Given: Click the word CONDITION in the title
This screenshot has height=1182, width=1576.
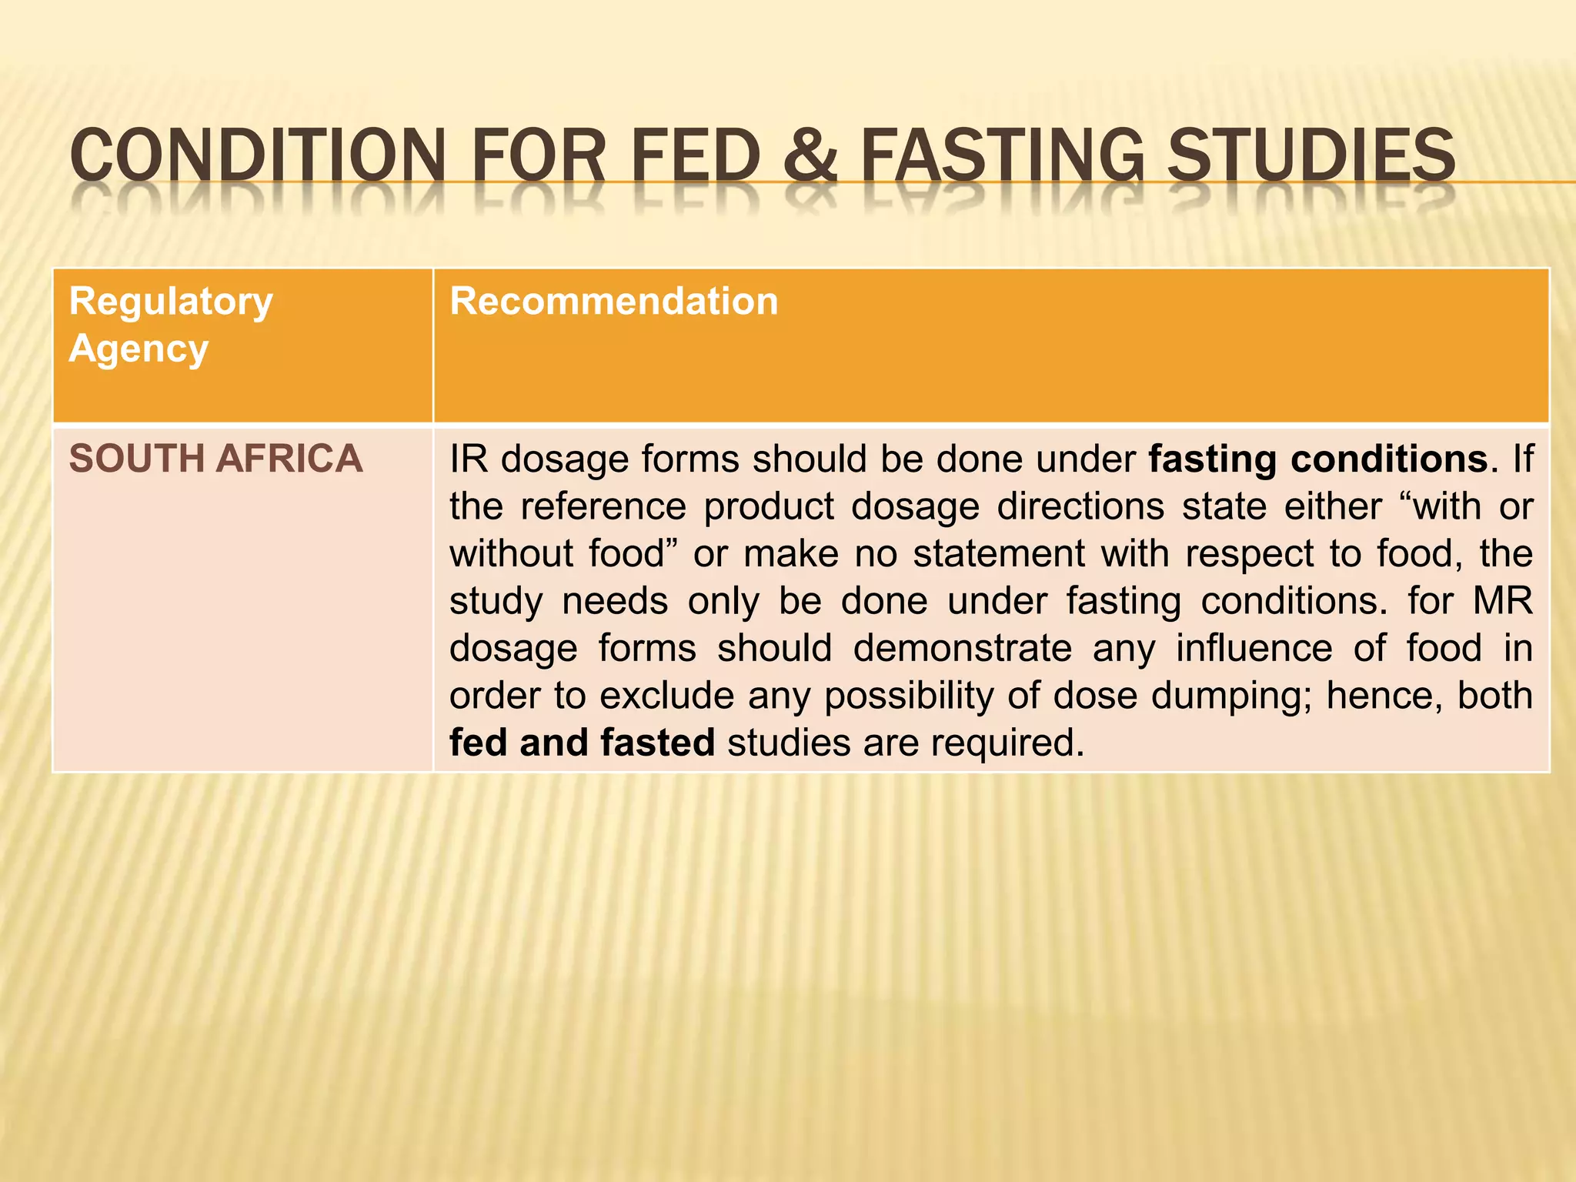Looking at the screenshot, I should click(x=258, y=155).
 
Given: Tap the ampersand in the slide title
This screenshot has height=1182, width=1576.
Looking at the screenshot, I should click(x=810, y=155).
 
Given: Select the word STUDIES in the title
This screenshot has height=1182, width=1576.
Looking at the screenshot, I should click(x=1311, y=155).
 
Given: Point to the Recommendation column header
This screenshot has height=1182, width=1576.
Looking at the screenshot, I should click(x=613, y=301).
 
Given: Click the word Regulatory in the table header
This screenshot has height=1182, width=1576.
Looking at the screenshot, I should click(x=171, y=301).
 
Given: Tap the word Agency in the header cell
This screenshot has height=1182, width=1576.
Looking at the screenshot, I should click(x=139, y=349).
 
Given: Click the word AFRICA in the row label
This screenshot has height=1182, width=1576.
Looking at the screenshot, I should click(x=289, y=459).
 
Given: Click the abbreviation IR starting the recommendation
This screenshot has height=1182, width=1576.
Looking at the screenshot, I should click(x=469, y=459).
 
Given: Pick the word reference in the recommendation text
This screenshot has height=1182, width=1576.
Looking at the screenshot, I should click(x=603, y=506).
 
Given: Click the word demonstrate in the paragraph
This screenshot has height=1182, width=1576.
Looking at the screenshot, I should click(x=963, y=648).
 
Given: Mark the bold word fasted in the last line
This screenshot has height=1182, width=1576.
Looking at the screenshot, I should click(x=658, y=743).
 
